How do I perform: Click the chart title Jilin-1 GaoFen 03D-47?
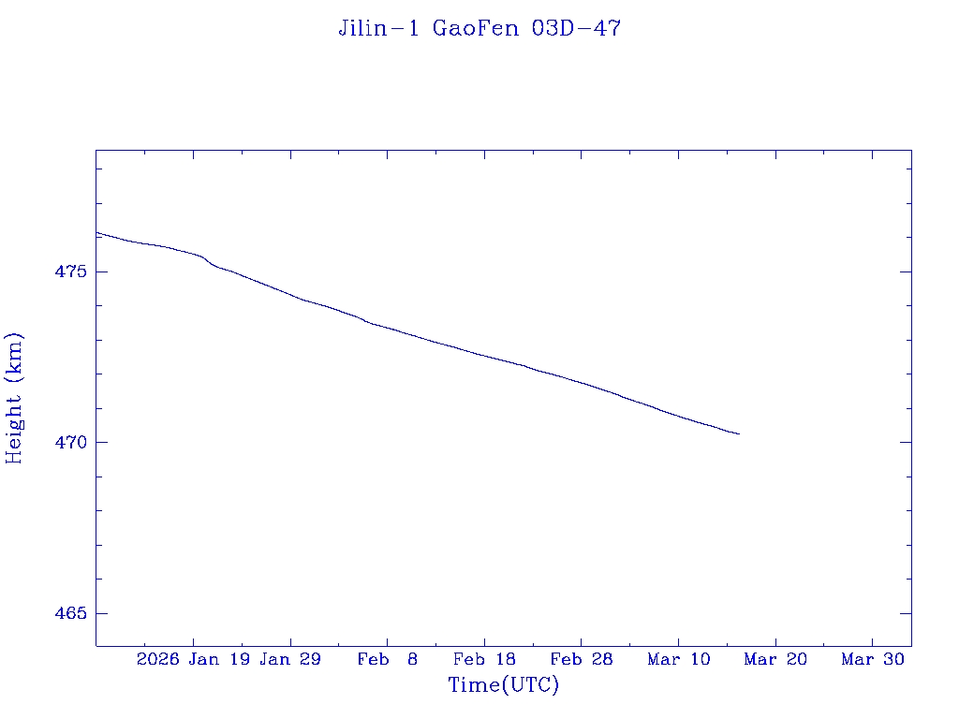pos(479,28)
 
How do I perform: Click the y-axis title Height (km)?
pos(14,398)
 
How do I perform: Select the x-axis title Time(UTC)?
pos(504,685)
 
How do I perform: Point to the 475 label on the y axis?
pos(70,271)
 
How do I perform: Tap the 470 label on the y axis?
pos(70,442)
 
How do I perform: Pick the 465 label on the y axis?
pos(70,613)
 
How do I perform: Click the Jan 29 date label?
pos(290,660)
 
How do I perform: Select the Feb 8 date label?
pos(388,660)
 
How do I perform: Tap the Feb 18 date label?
pos(484,660)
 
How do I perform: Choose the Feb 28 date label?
pos(582,660)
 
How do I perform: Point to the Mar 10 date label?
pos(679,660)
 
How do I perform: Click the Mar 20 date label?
pos(775,660)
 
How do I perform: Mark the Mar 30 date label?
pos(873,660)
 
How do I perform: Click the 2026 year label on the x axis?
pos(157,660)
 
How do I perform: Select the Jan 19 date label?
pos(218,660)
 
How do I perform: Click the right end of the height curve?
pos(739,433)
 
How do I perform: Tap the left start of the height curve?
pos(96,232)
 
